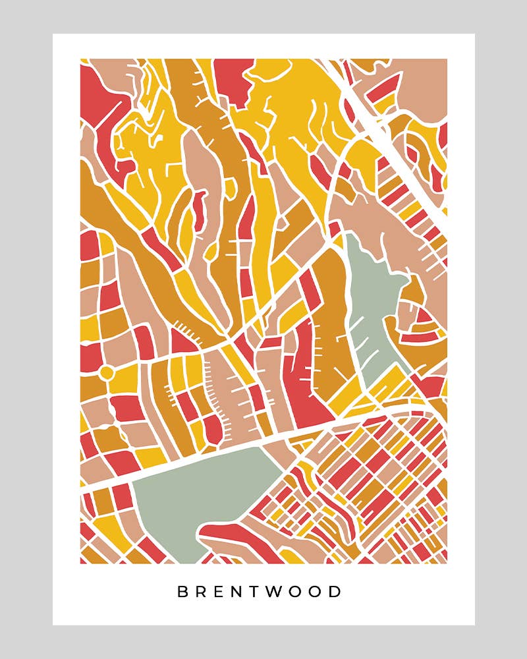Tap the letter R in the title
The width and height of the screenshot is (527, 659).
pos(204,591)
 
